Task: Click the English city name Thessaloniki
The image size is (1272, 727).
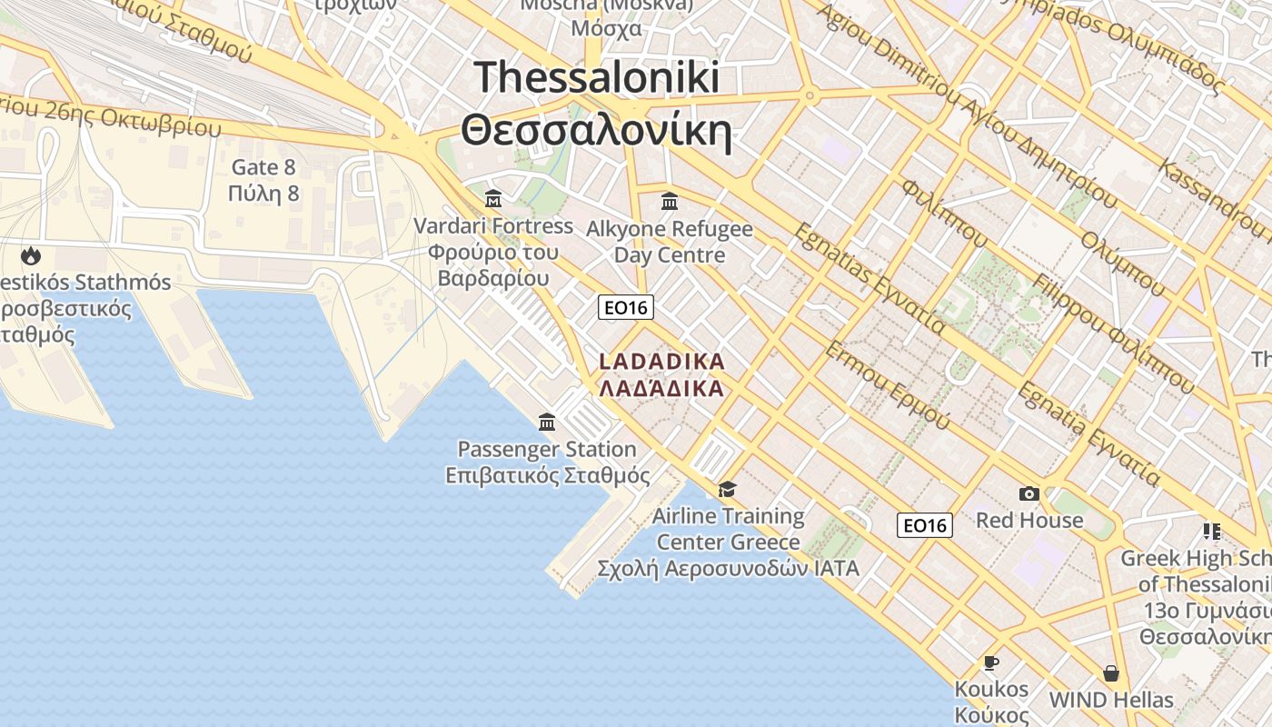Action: pyautogui.click(x=597, y=77)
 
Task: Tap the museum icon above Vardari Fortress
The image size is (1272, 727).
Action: pyautogui.click(x=493, y=197)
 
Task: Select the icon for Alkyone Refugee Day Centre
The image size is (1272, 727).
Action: pyautogui.click(x=670, y=200)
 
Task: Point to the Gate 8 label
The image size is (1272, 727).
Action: pyautogui.click(x=263, y=167)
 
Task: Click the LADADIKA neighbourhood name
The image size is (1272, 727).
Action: pyautogui.click(x=662, y=362)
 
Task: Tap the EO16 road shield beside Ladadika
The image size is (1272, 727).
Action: pyautogui.click(x=626, y=307)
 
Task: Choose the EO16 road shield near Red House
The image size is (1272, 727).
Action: pyautogui.click(x=925, y=524)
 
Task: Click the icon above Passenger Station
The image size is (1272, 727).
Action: pyautogui.click(x=547, y=422)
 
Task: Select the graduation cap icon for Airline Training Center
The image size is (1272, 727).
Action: pyautogui.click(x=727, y=490)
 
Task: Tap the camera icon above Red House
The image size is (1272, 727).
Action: pyautogui.click(x=1029, y=493)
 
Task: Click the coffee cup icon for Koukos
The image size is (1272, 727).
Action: pyautogui.click(x=990, y=662)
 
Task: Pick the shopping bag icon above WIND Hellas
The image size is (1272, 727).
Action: pyautogui.click(x=1110, y=673)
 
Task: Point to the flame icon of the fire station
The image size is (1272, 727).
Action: pyautogui.click(x=31, y=255)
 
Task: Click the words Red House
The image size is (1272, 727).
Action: pyautogui.click(x=1029, y=520)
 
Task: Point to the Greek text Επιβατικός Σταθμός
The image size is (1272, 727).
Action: pyautogui.click(x=547, y=475)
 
